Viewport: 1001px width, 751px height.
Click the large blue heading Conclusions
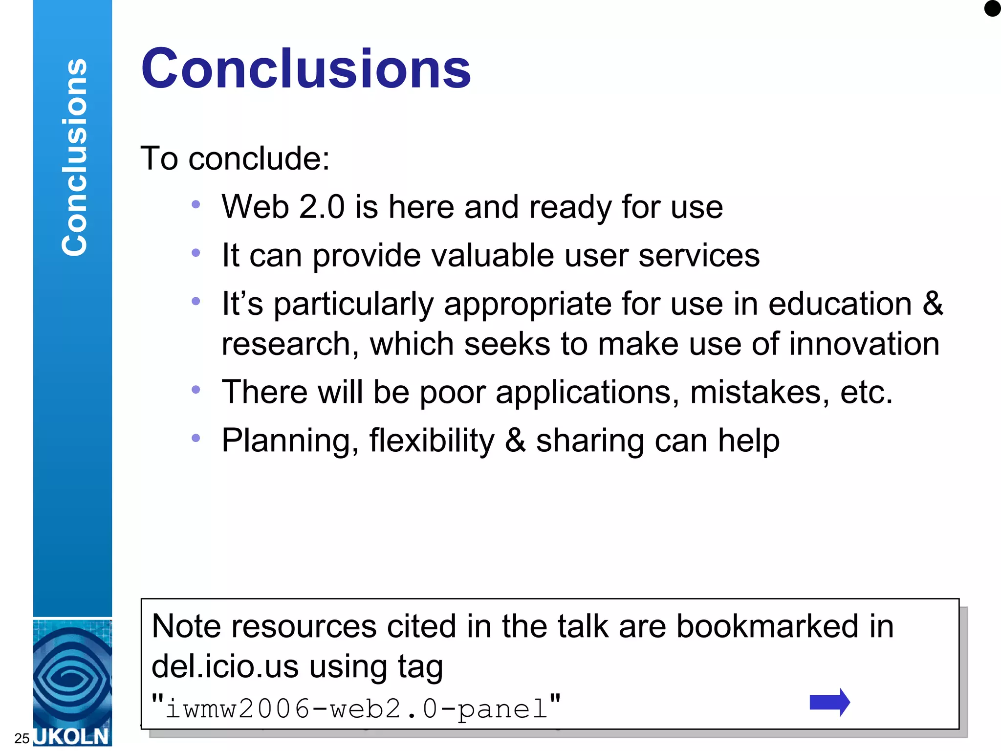[306, 69]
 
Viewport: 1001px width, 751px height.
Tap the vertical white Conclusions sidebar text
[74, 157]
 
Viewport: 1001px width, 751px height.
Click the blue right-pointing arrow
[829, 702]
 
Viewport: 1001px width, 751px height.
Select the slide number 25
[22, 738]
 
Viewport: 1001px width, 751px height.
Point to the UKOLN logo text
[72, 736]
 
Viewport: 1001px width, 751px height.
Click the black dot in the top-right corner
[992, 8]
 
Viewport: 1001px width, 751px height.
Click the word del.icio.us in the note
[225, 666]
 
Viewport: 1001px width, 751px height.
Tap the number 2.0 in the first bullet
[322, 207]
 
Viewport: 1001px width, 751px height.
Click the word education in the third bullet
[840, 304]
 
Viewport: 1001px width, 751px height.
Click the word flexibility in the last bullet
[432, 440]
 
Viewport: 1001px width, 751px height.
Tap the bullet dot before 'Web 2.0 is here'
[196, 204]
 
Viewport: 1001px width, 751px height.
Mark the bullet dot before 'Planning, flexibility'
[196, 438]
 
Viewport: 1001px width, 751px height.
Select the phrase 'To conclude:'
[235, 158]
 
